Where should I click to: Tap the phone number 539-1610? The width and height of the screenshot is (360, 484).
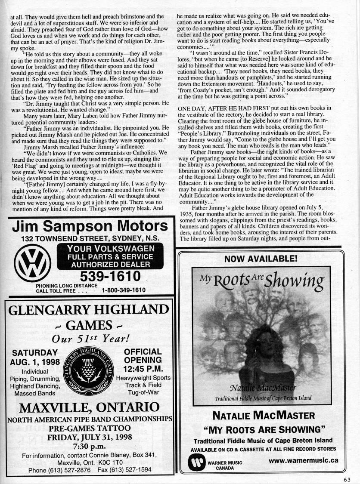[x=110, y=275]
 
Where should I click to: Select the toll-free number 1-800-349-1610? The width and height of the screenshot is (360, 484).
[x=124, y=290]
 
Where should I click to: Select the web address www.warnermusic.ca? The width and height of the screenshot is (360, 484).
[x=303, y=460]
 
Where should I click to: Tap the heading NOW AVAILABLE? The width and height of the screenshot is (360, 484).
[x=261, y=259]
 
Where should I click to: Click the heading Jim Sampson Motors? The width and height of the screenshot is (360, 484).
[x=90, y=226]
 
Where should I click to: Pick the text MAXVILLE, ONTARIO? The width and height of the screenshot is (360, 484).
[x=89, y=407]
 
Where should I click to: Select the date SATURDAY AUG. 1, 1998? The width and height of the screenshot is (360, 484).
[x=35, y=357]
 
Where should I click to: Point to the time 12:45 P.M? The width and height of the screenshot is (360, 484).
[x=143, y=369]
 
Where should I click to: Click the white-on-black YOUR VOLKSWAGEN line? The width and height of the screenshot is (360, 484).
[x=110, y=249]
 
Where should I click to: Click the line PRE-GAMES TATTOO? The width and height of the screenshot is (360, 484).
[x=89, y=428]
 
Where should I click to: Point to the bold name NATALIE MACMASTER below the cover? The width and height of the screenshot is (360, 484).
[x=263, y=416]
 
